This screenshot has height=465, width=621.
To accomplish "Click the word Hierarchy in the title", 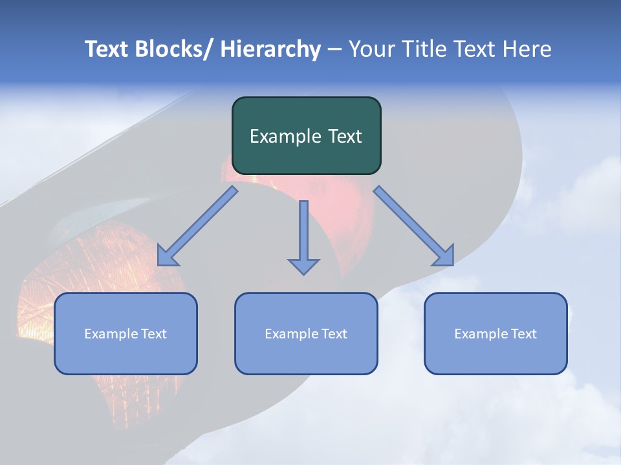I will coord(270,49).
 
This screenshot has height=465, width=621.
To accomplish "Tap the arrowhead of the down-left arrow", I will coord(167,256).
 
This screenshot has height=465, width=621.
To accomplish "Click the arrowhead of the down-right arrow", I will coord(444,256).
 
